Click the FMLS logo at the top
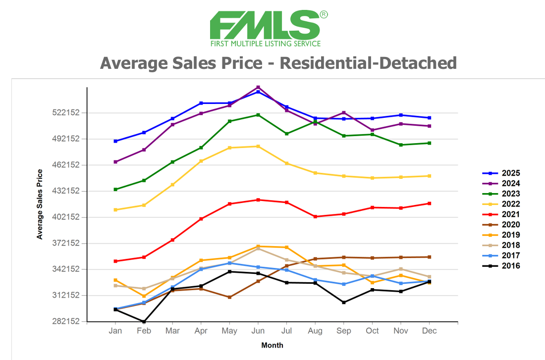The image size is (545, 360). tap(268, 28)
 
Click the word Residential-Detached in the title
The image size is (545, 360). tap(368, 63)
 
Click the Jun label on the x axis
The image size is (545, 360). tap(258, 331)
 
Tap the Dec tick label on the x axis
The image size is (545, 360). tap(430, 331)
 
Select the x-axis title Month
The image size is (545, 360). tap(272, 345)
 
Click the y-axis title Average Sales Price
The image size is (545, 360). tap(40, 204)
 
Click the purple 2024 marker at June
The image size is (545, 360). tap(258, 87)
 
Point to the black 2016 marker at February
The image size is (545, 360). tap(144, 322)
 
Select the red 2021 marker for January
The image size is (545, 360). tap(115, 261)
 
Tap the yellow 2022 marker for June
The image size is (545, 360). tap(258, 146)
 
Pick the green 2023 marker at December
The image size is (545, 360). tap(430, 143)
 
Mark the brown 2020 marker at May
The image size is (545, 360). tap(229, 297)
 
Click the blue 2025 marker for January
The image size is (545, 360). tap(115, 141)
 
